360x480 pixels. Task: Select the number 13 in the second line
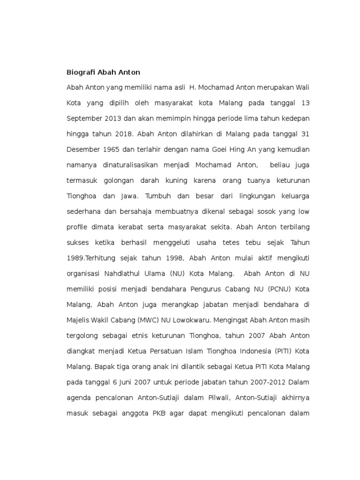point(305,103)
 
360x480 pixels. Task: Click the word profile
point(77,227)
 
